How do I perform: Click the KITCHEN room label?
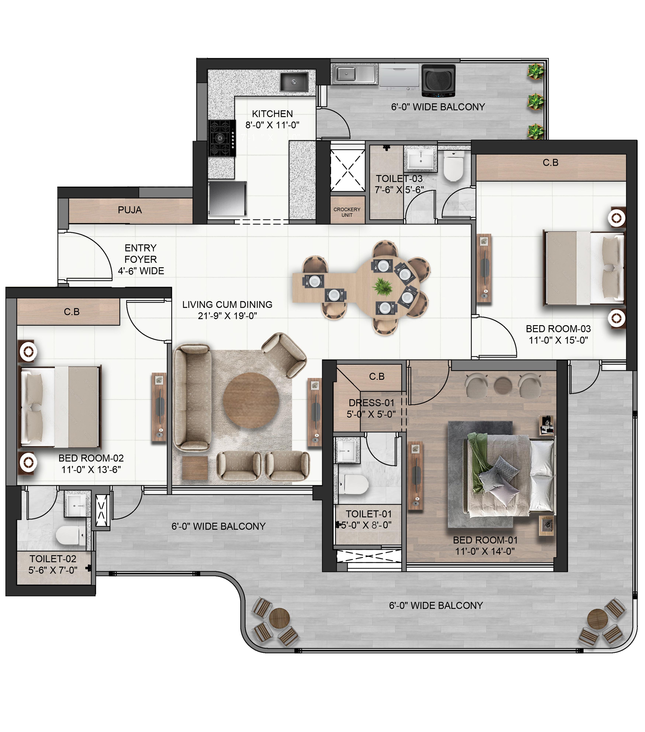pyautogui.click(x=272, y=114)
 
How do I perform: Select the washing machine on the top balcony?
pyautogui.click(x=438, y=81)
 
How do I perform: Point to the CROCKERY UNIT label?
pyautogui.click(x=347, y=212)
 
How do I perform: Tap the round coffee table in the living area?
pyautogui.click(x=251, y=400)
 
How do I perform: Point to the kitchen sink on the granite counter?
pyautogui.click(x=294, y=82)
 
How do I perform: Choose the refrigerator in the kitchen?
pyautogui.click(x=227, y=199)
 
